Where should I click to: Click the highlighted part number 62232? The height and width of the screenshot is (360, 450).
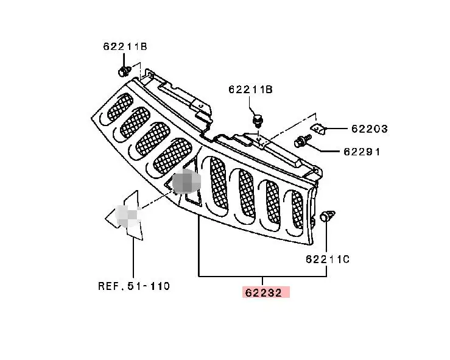pyautogui.click(x=264, y=292)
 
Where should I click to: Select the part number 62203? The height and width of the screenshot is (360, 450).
pyautogui.click(x=369, y=129)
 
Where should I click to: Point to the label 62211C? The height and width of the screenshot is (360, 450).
pyautogui.click(x=328, y=259)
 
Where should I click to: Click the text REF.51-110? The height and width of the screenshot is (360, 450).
pyautogui.click(x=134, y=286)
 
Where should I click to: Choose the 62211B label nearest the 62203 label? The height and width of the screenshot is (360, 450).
pyautogui.click(x=250, y=90)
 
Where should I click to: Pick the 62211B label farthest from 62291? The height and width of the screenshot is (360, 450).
pyautogui.click(x=124, y=46)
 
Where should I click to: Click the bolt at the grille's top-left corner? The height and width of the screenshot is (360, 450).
pyautogui.click(x=124, y=72)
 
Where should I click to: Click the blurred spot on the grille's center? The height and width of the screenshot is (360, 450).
pyautogui.click(x=185, y=182)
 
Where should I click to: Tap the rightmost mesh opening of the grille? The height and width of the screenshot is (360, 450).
pyautogui.click(x=297, y=210)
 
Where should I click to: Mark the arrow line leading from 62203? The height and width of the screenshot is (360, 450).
pyautogui.click(x=338, y=129)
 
